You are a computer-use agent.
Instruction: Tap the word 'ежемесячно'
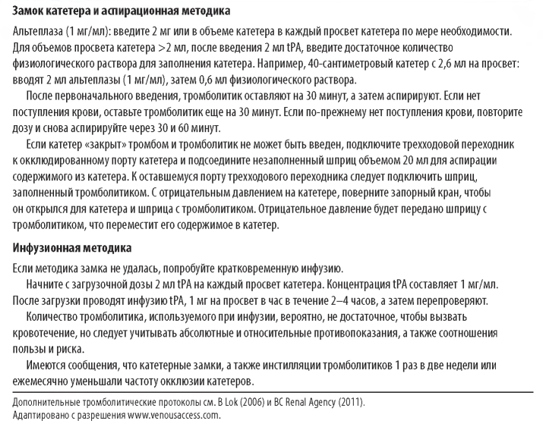42,381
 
